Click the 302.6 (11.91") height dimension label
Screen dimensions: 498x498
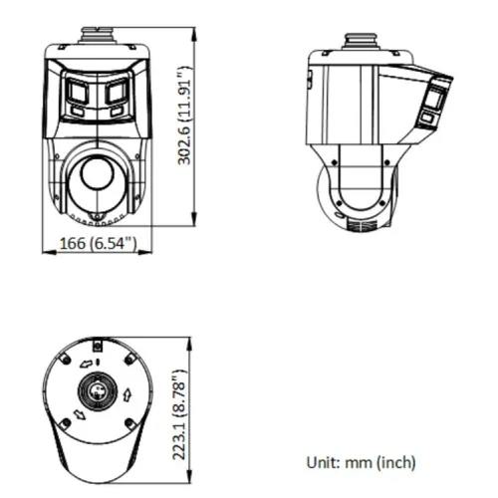point(183,130)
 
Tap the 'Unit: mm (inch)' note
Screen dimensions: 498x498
point(360,462)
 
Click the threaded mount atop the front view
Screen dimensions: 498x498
point(98,35)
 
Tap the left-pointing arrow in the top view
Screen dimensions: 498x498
point(86,365)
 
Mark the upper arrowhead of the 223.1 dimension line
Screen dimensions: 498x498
point(189,338)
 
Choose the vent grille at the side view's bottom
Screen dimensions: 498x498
point(361,225)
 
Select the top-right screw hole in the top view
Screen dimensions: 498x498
point(130,355)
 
